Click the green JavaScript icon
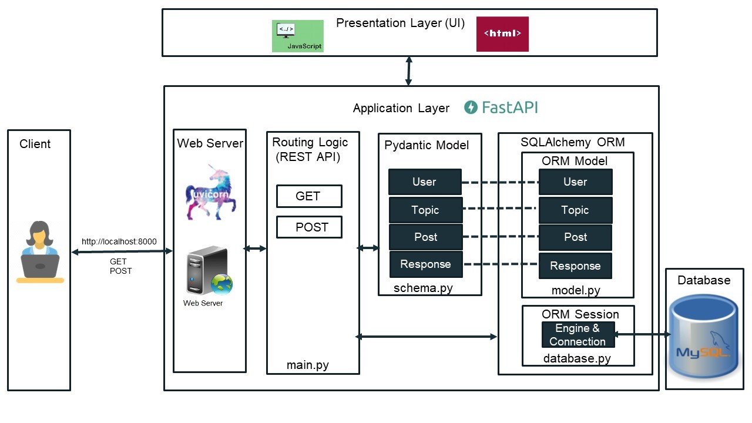tap(297, 36)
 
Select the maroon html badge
tap(502, 34)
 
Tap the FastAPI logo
tap(501, 107)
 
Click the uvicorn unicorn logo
tap(210, 192)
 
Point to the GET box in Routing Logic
tap(309, 196)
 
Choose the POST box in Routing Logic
tap(309, 227)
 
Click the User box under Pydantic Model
tap(425, 182)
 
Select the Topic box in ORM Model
tap(575, 210)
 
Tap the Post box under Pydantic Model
tap(425, 237)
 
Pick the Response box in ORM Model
tap(575, 266)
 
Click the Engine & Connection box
tap(578, 335)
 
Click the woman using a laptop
tap(40, 252)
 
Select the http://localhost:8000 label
tap(119, 241)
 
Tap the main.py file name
tap(307, 365)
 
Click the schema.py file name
tap(423, 288)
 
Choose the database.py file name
tap(576, 358)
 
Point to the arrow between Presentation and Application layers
tap(409, 71)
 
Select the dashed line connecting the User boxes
tap(500, 182)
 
